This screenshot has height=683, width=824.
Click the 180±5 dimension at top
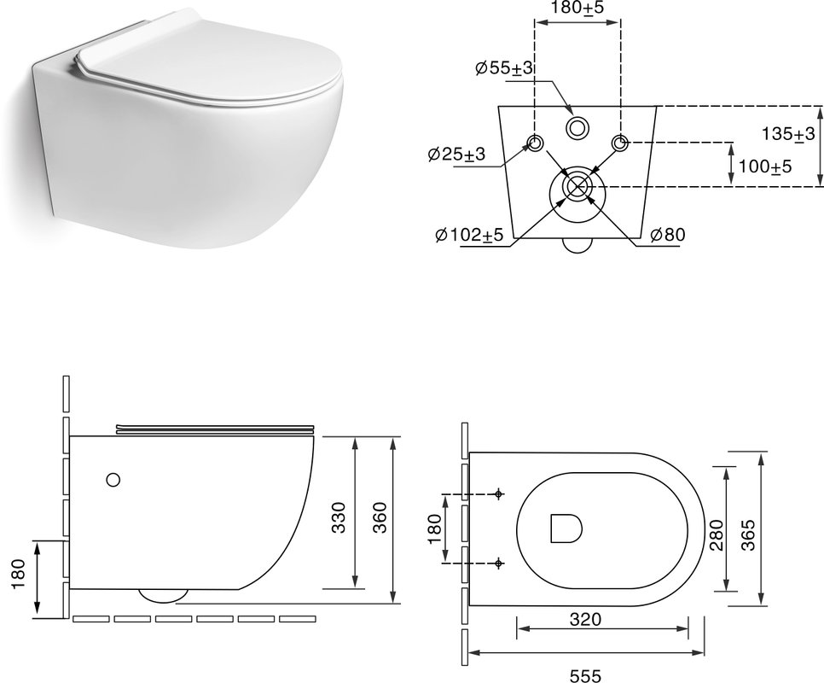(x=577, y=9)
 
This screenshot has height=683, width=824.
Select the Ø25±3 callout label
(x=456, y=154)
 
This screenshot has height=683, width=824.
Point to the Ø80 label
(x=668, y=234)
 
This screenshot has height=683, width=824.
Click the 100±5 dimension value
(x=765, y=166)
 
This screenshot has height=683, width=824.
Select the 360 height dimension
(x=380, y=517)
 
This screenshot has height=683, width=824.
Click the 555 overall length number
(x=586, y=675)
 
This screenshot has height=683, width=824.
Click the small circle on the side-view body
(x=113, y=480)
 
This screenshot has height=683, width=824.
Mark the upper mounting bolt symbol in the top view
(x=499, y=493)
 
